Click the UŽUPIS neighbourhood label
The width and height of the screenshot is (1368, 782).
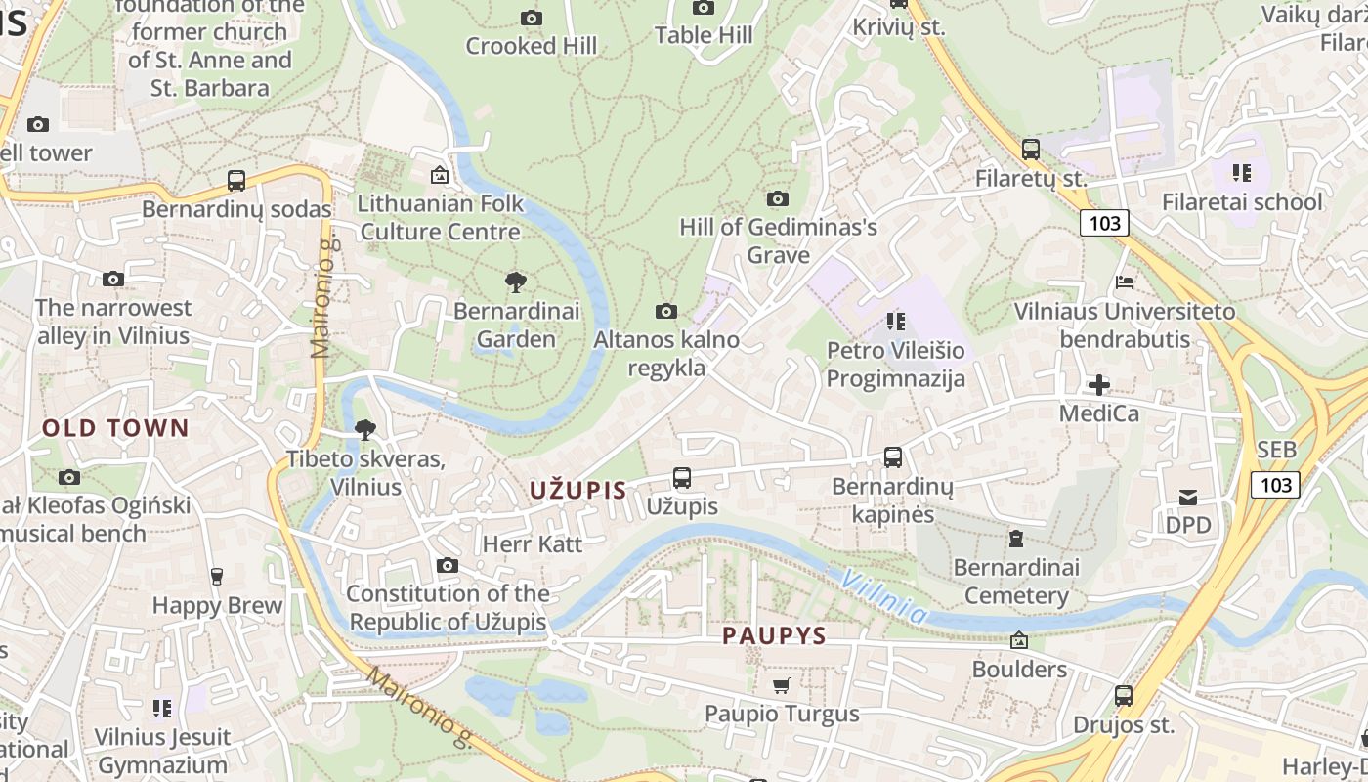(x=578, y=490)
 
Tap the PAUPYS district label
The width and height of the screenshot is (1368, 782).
(x=774, y=635)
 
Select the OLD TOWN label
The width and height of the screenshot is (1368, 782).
(x=115, y=428)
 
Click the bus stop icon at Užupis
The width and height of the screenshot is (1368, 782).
(x=682, y=478)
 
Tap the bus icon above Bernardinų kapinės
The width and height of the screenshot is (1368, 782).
(x=892, y=456)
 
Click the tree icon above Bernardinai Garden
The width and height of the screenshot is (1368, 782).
(x=516, y=283)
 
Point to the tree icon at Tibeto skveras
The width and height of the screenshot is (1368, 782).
(x=365, y=430)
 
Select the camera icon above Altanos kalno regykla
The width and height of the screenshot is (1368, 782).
(x=666, y=312)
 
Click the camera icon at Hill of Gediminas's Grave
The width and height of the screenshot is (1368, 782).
(x=778, y=199)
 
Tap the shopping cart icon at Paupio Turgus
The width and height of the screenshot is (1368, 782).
(x=781, y=686)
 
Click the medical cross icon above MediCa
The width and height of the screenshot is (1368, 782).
(x=1099, y=385)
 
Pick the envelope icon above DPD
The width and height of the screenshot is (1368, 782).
(x=1188, y=498)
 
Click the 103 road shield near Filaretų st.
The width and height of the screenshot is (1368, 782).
(x=1104, y=223)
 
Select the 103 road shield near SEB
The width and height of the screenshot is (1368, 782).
(x=1275, y=484)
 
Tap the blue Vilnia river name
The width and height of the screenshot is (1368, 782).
(x=884, y=597)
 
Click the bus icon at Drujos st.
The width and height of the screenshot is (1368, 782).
(x=1124, y=696)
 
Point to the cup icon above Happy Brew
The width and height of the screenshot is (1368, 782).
(x=217, y=577)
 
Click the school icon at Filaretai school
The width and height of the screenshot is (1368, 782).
(x=1241, y=174)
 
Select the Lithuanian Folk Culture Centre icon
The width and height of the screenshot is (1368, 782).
(x=440, y=176)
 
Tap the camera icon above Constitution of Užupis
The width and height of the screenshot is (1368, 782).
(x=448, y=566)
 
